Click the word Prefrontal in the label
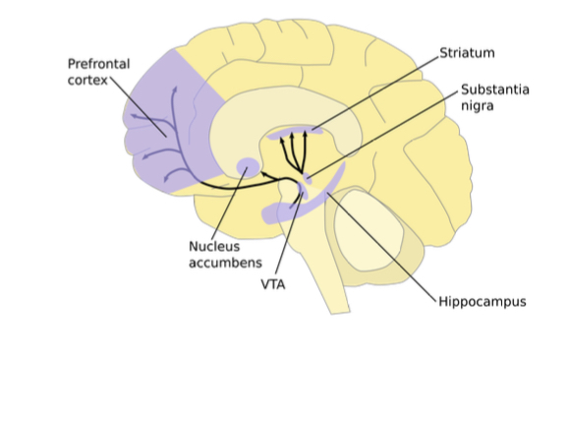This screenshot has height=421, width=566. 97,63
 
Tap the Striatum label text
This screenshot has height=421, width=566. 468,52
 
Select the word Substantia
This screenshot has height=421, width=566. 494,90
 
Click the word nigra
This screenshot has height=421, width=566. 479,106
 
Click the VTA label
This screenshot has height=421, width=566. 273,283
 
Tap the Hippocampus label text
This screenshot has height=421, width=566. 481,301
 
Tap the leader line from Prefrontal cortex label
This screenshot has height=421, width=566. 134,103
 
